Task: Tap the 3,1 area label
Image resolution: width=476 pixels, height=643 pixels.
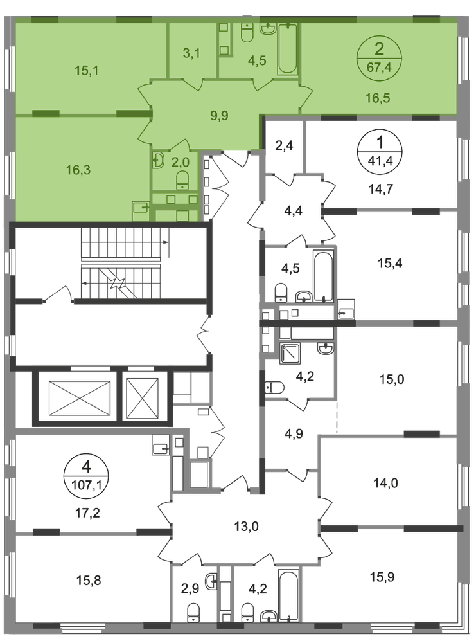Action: pyautogui.click(x=191, y=54)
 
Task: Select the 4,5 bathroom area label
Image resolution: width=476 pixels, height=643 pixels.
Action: pyautogui.click(x=257, y=62)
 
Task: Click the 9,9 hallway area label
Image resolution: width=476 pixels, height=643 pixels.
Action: pyautogui.click(x=220, y=116)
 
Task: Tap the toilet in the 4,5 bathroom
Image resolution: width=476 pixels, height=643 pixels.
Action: pyautogui.click(x=247, y=32)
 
